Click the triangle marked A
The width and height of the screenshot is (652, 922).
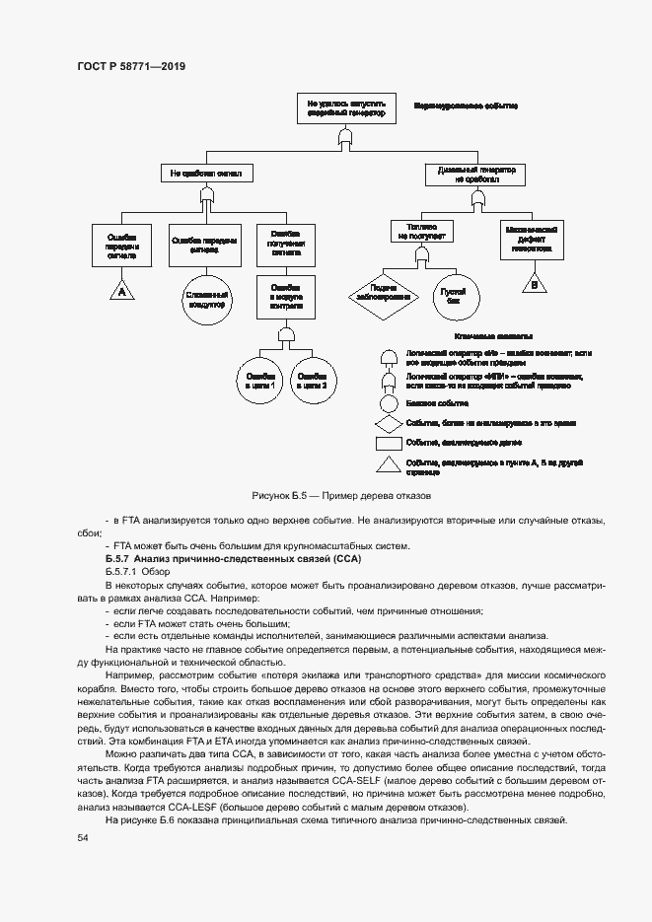click(121, 291)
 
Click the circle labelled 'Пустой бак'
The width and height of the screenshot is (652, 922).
click(454, 294)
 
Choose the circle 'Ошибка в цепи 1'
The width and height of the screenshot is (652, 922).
click(259, 380)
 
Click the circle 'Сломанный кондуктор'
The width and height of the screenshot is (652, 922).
click(205, 299)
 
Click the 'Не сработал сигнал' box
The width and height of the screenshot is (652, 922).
click(205, 174)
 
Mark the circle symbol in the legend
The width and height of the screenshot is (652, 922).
click(390, 403)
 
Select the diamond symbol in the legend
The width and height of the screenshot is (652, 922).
click(390, 423)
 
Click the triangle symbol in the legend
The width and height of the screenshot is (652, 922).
click(390, 464)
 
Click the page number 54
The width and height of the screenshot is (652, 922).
click(83, 837)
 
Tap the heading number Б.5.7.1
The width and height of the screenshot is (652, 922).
click(122, 571)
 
